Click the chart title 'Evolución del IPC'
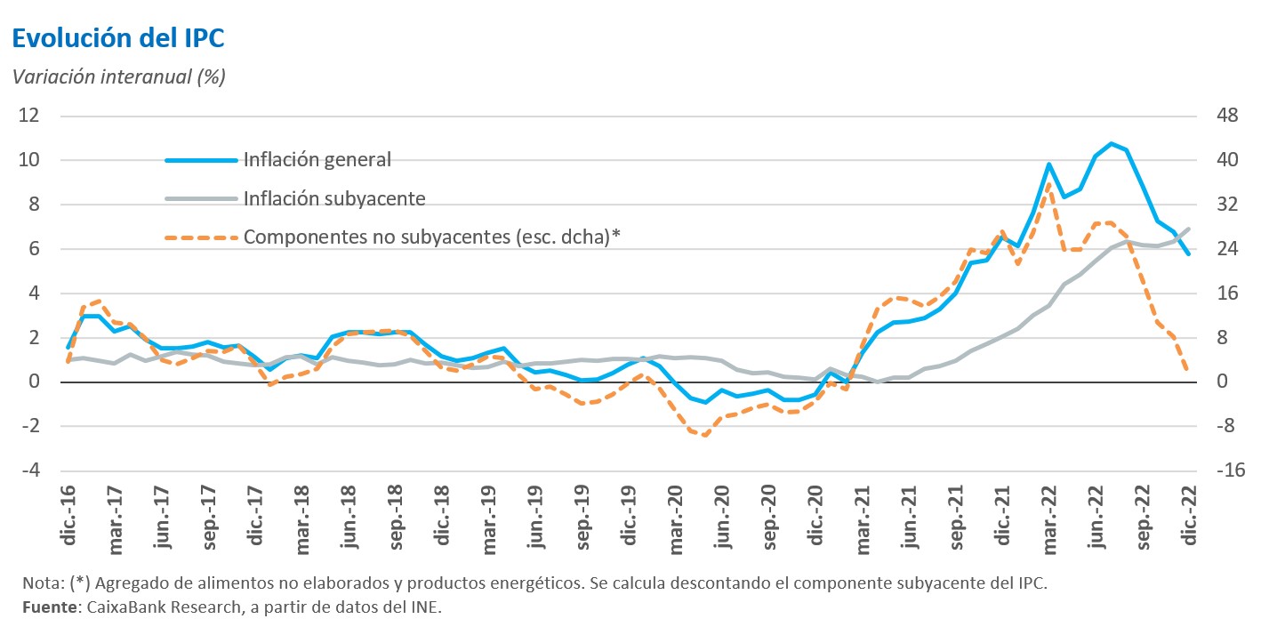(117, 38)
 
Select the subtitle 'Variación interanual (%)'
(118, 76)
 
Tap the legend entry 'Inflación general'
(317, 160)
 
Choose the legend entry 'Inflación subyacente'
(333, 198)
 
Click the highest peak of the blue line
(1111, 143)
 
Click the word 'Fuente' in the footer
(48, 607)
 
